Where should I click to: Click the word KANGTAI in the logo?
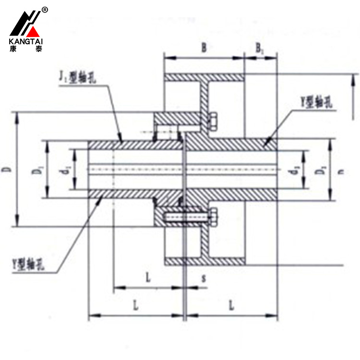point(25,42)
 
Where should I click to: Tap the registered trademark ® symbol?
point(45,10)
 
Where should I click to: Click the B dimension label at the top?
point(204,48)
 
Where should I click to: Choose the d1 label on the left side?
point(68,169)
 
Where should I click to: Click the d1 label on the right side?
point(298,169)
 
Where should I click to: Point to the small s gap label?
point(204,278)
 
